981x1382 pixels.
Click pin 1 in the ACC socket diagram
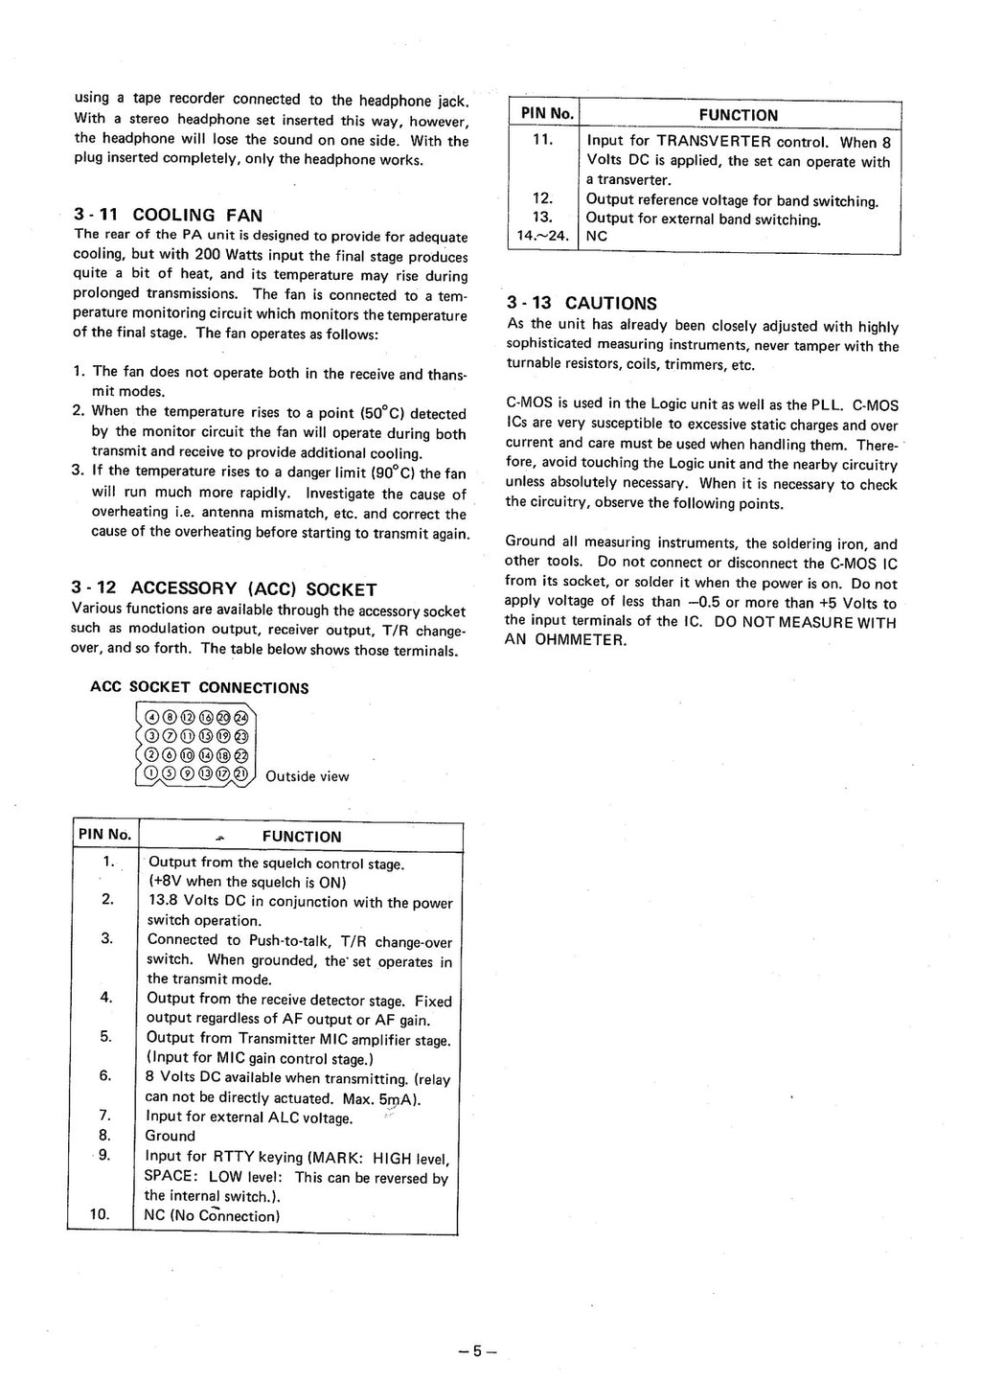[x=151, y=773]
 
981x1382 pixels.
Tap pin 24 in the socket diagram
[x=240, y=717]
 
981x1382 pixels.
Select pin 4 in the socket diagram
[x=151, y=717]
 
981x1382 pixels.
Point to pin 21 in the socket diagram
[x=240, y=773]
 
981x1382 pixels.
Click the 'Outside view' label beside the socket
[x=307, y=776]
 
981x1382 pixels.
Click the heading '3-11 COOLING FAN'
[x=168, y=215]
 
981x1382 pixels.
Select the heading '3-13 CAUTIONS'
[x=582, y=303]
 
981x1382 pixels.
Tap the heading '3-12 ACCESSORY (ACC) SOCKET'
[x=224, y=588]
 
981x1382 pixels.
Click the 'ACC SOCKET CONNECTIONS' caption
[x=199, y=688]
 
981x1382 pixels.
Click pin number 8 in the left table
[x=105, y=1136]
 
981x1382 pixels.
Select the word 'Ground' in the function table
[x=170, y=1137]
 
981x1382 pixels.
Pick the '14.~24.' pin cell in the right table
[x=542, y=236]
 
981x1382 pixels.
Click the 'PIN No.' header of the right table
[x=546, y=114]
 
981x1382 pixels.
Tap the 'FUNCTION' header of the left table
[x=302, y=837]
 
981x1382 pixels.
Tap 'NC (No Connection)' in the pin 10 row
[x=212, y=1216]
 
